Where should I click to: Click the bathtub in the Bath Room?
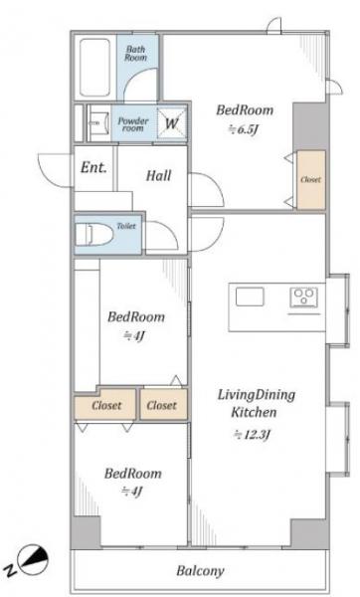(x=94, y=68)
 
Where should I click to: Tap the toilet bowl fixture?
(x=94, y=235)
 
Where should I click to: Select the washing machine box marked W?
(x=172, y=123)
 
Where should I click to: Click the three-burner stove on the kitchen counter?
(x=304, y=298)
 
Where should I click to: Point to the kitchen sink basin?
(x=250, y=297)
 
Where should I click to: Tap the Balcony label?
(x=200, y=571)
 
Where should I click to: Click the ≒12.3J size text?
(x=252, y=435)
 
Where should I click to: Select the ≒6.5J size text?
(x=244, y=129)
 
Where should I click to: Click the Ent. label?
(x=93, y=168)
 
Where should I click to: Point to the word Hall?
(x=159, y=175)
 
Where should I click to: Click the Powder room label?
(x=133, y=124)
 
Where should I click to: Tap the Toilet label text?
(x=126, y=226)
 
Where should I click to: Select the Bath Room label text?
(x=136, y=54)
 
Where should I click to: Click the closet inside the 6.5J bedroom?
(x=311, y=180)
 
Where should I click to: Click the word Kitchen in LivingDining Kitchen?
(x=254, y=412)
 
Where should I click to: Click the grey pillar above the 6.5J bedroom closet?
(x=309, y=125)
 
